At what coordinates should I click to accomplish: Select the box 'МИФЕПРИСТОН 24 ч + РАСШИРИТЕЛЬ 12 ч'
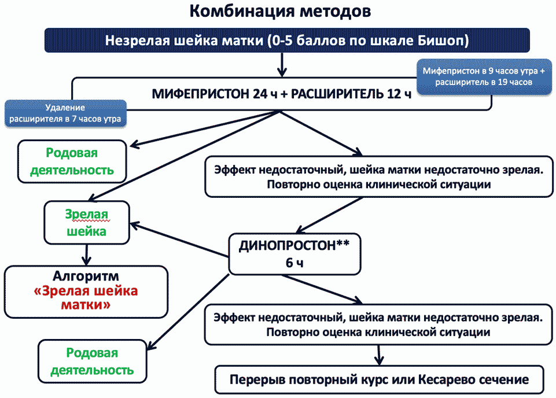pyautogui.click(x=282, y=94)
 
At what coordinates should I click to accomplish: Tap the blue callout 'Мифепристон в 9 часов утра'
pyautogui.click(x=484, y=76)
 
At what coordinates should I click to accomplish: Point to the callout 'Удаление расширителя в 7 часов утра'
pyautogui.click(x=65, y=113)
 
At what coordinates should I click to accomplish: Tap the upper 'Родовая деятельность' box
pyautogui.click(x=72, y=161)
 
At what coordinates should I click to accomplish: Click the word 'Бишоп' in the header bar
pyautogui.click(x=442, y=41)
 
